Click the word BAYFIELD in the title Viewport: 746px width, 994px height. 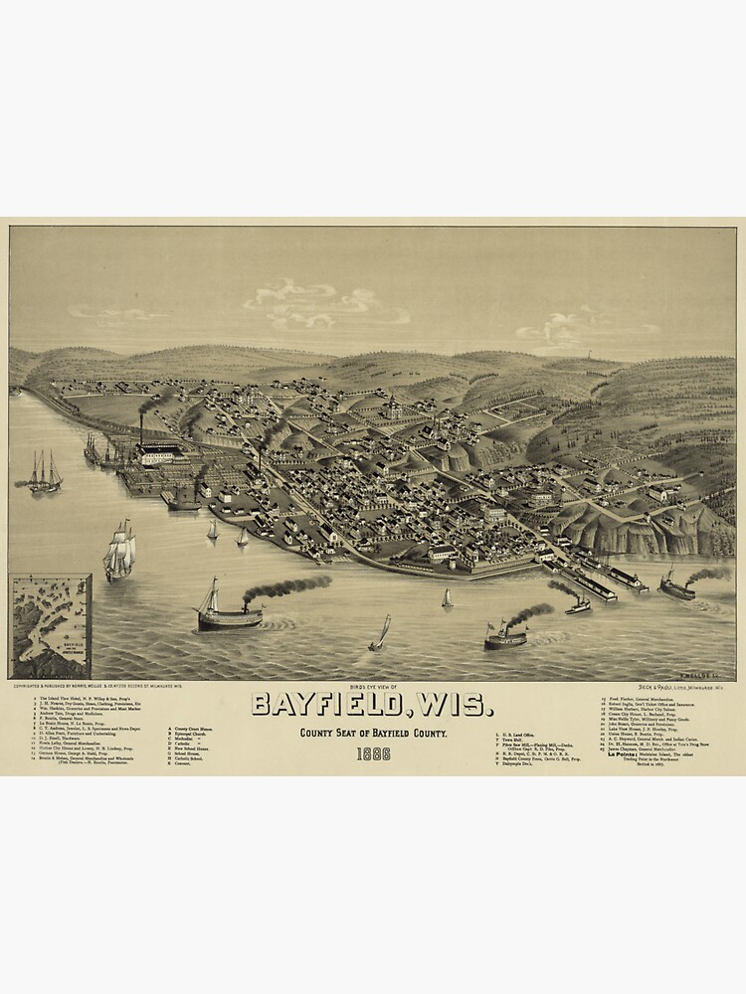[323, 704]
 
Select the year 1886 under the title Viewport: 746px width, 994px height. [373, 752]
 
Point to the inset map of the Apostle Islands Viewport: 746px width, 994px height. [50, 625]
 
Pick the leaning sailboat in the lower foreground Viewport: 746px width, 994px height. [381, 634]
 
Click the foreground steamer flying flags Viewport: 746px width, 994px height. [504, 636]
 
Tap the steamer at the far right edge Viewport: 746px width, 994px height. [677, 588]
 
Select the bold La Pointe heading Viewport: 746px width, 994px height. [622, 754]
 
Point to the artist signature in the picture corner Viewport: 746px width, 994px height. [708, 673]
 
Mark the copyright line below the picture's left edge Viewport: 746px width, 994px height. [80, 686]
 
